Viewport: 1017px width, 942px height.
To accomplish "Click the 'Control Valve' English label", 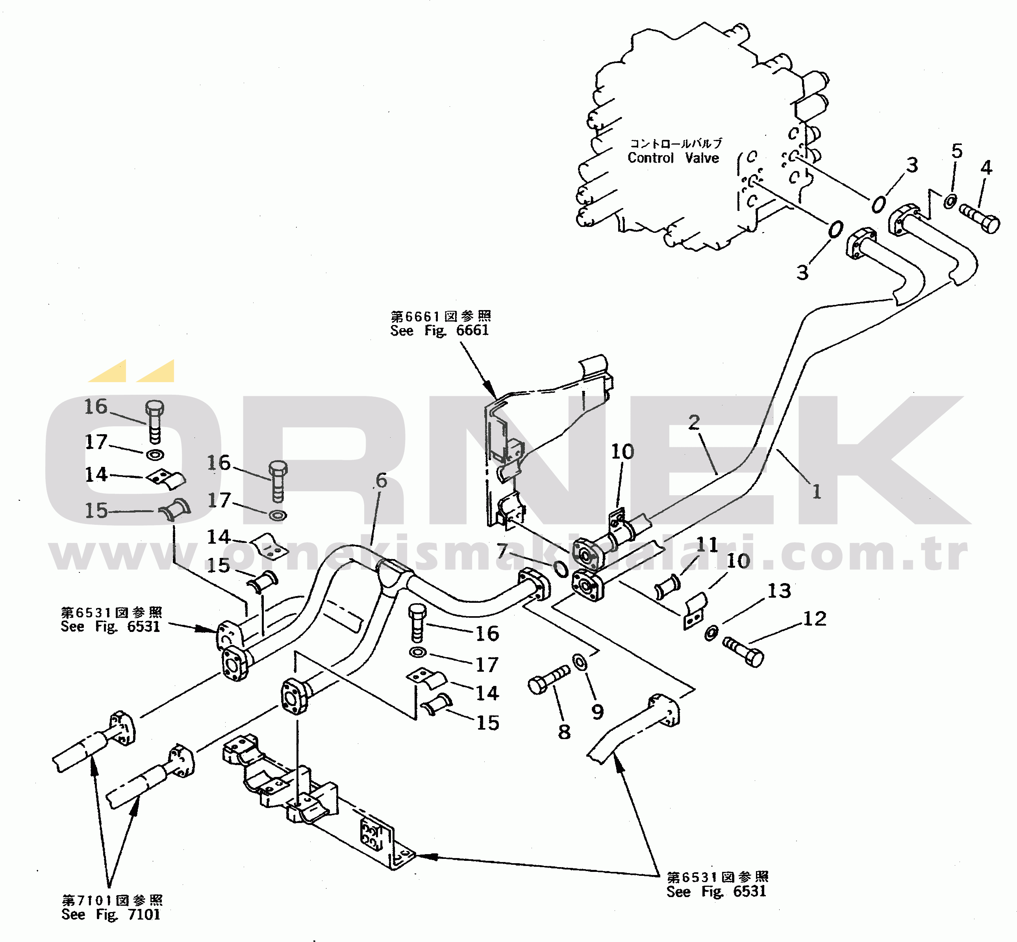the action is [673, 158].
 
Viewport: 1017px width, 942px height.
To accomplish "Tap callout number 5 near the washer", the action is [957, 151].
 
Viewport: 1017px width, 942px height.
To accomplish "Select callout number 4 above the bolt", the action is [986, 168].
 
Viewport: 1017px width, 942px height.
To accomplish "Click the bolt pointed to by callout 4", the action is [979, 218].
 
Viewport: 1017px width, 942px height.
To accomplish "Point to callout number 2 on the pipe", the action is [694, 422].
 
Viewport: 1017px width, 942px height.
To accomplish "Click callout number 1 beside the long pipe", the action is [817, 491].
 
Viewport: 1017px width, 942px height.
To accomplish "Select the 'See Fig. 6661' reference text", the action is [439, 330].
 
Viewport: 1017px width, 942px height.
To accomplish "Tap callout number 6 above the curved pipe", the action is [381, 480].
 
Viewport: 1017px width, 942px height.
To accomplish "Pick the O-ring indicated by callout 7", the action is [560, 569].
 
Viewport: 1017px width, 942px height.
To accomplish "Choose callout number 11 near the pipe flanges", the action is [707, 545].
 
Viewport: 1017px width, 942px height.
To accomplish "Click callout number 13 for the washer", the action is [779, 591].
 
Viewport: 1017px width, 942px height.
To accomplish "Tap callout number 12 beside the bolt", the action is [815, 619].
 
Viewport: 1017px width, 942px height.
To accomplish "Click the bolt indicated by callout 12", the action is [743, 652].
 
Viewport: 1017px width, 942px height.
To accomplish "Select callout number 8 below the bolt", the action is [564, 732].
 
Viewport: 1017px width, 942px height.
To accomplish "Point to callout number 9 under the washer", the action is [598, 712].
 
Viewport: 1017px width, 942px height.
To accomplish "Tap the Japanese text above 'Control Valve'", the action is [676, 143].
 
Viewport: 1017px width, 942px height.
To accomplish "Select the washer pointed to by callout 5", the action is [950, 201].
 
